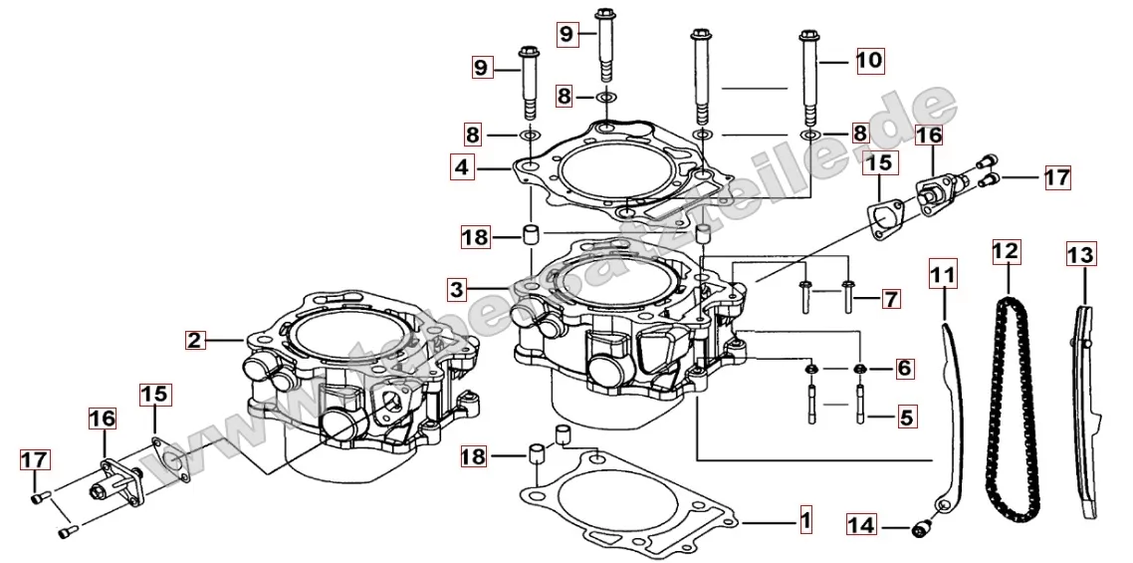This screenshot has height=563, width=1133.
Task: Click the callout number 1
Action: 804,520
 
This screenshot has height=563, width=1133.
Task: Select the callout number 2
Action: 195,340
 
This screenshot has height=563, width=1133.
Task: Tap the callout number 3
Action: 456,290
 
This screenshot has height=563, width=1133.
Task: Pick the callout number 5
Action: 904,416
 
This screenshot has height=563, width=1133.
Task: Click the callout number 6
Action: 904,369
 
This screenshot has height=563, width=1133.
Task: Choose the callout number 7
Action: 890,298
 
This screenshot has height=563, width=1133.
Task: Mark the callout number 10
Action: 868,60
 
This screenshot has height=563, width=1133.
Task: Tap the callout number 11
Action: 943,270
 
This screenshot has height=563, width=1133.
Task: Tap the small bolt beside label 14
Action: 923,523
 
